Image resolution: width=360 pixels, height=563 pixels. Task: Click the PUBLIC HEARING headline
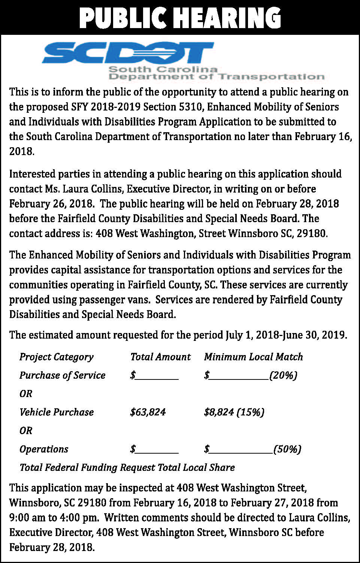pos(180,17)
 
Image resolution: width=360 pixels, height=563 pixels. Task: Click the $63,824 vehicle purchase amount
pos(148,412)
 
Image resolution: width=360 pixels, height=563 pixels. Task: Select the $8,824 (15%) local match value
pos(234,412)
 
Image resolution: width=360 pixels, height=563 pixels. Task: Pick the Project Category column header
pos(56,357)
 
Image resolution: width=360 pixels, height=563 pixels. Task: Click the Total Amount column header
pos(160,357)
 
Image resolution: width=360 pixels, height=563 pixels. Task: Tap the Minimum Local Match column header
pos(253,357)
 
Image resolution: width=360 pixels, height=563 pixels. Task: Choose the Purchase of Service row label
pos(62,375)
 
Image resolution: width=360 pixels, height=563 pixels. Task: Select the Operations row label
pos(44,449)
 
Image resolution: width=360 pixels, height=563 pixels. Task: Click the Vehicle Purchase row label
pos(57,412)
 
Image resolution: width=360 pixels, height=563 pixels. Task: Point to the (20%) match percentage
pos(283,375)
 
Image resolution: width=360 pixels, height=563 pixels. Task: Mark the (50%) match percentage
pos(287,449)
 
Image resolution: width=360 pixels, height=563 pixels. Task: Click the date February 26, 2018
pos(51,204)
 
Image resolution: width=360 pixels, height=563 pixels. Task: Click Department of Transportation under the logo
pos(216,77)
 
